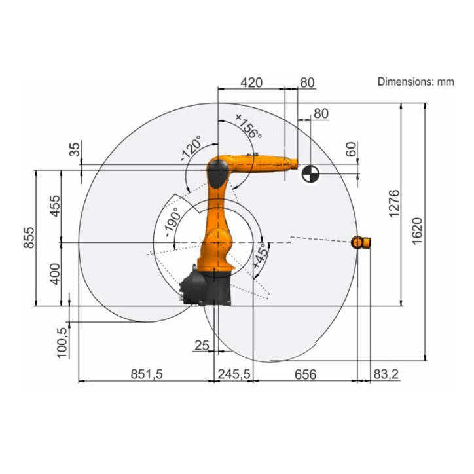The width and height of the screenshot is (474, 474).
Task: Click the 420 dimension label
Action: click(251, 82)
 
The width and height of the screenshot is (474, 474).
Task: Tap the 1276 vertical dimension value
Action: click(394, 204)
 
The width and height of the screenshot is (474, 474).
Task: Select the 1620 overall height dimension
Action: click(417, 231)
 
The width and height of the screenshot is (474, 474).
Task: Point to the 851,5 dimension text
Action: click(147, 374)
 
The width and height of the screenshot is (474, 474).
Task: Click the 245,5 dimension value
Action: click(234, 374)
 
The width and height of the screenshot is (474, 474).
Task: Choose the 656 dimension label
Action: click(305, 374)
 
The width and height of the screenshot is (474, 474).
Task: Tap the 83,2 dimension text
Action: click(386, 374)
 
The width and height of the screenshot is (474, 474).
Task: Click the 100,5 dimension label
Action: click(62, 343)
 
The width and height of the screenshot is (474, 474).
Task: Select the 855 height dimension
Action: click(29, 238)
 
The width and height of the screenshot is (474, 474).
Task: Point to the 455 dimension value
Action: click(55, 206)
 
